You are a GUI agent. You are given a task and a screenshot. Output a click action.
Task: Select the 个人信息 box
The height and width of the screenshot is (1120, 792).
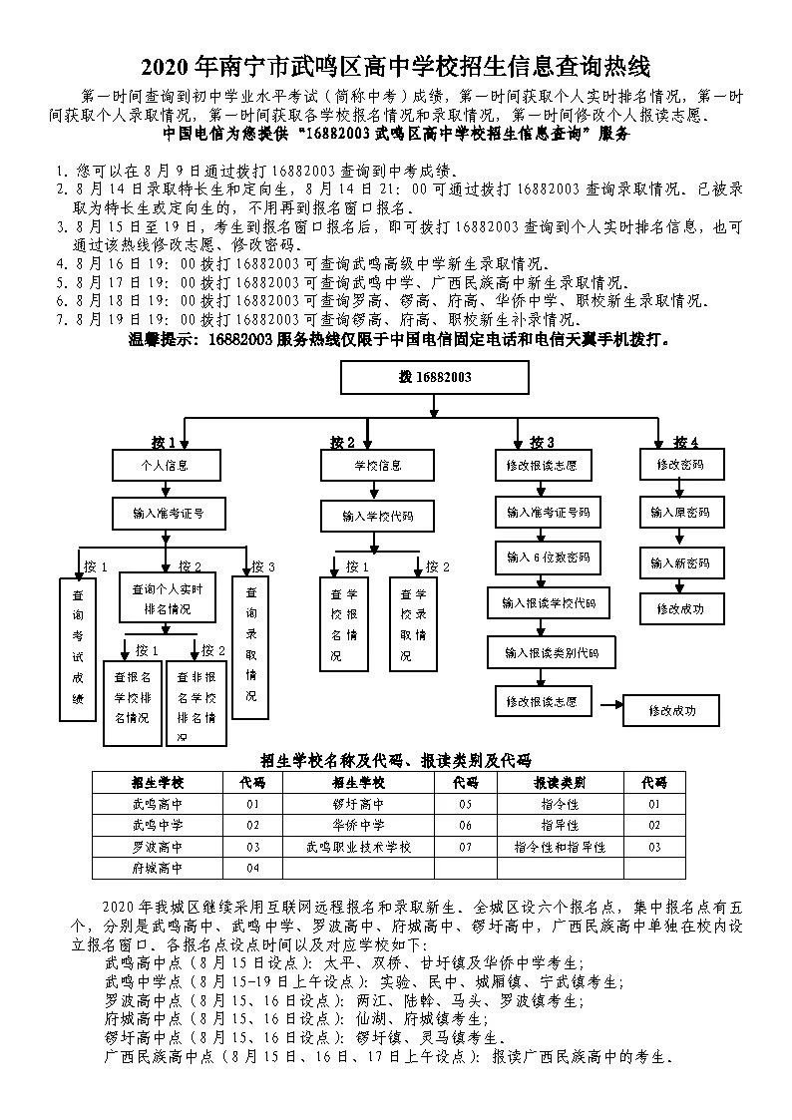pyautogui.click(x=165, y=466)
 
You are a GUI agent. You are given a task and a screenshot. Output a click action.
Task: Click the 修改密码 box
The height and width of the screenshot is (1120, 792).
pyautogui.click(x=680, y=465)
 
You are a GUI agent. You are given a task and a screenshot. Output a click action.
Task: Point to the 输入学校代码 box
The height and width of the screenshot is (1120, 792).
pyautogui.click(x=377, y=517)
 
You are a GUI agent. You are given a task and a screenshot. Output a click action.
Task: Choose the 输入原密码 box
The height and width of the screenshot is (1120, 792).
pyautogui.click(x=680, y=513)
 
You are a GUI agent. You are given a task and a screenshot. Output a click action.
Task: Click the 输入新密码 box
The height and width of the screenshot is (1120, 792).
pyautogui.click(x=680, y=562)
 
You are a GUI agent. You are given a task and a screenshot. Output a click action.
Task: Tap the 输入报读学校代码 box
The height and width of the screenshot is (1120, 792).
pyautogui.click(x=549, y=604)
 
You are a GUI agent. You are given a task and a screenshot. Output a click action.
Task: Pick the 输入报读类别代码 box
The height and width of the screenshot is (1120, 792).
pyautogui.click(x=551, y=653)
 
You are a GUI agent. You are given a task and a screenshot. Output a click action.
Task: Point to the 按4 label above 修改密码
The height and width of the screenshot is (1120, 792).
pyautogui.click(x=685, y=442)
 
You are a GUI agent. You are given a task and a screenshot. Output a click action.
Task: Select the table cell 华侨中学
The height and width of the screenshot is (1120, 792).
pyautogui.click(x=359, y=825)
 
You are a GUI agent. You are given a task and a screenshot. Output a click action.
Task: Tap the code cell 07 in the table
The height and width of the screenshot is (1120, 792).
pyautogui.click(x=466, y=847)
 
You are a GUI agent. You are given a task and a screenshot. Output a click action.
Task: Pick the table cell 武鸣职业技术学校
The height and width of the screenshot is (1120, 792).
pyautogui.click(x=359, y=847)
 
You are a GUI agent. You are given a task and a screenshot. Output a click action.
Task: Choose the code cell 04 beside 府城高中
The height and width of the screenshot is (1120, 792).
pyautogui.click(x=252, y=869)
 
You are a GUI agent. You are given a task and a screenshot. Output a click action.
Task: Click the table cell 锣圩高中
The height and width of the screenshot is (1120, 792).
pyautogui.click(x=359, y=803)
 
